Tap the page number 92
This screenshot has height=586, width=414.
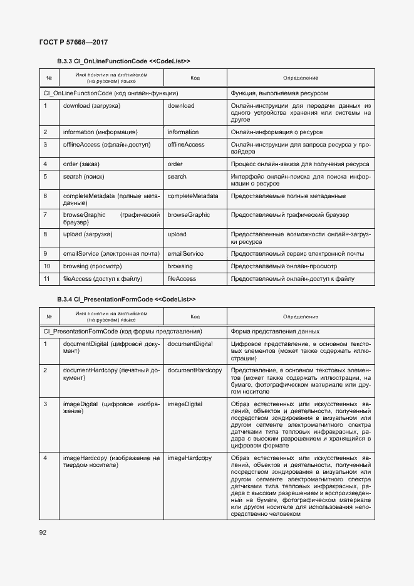tap(43, 533)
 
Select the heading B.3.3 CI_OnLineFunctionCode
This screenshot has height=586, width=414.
tap(123, 61)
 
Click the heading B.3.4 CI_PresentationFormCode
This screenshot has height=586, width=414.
tap(126, 300)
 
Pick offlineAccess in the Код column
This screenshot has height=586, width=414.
tap(186, 145)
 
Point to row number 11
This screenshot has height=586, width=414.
tap(47, 279)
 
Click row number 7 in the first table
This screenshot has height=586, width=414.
tap(46, 215)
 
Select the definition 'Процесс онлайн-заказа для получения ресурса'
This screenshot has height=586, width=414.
tap(299, 164)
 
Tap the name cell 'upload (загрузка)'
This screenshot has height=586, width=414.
tap(88, 234)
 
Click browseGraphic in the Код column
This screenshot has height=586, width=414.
tap(189, 215)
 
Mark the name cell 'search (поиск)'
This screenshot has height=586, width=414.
tap(83, 177)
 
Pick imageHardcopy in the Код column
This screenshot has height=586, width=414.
tap(190, 459)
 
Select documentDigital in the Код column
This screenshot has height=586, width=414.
tap(190, 344)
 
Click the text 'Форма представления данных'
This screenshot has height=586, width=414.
tap(275, 332)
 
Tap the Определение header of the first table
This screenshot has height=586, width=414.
tap(300, 78)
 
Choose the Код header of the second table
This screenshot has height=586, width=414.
tap(195, 317)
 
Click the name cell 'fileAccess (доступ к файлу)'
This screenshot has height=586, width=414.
tap(101, 279)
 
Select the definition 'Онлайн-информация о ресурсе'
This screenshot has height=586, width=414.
tap(277, 132)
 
